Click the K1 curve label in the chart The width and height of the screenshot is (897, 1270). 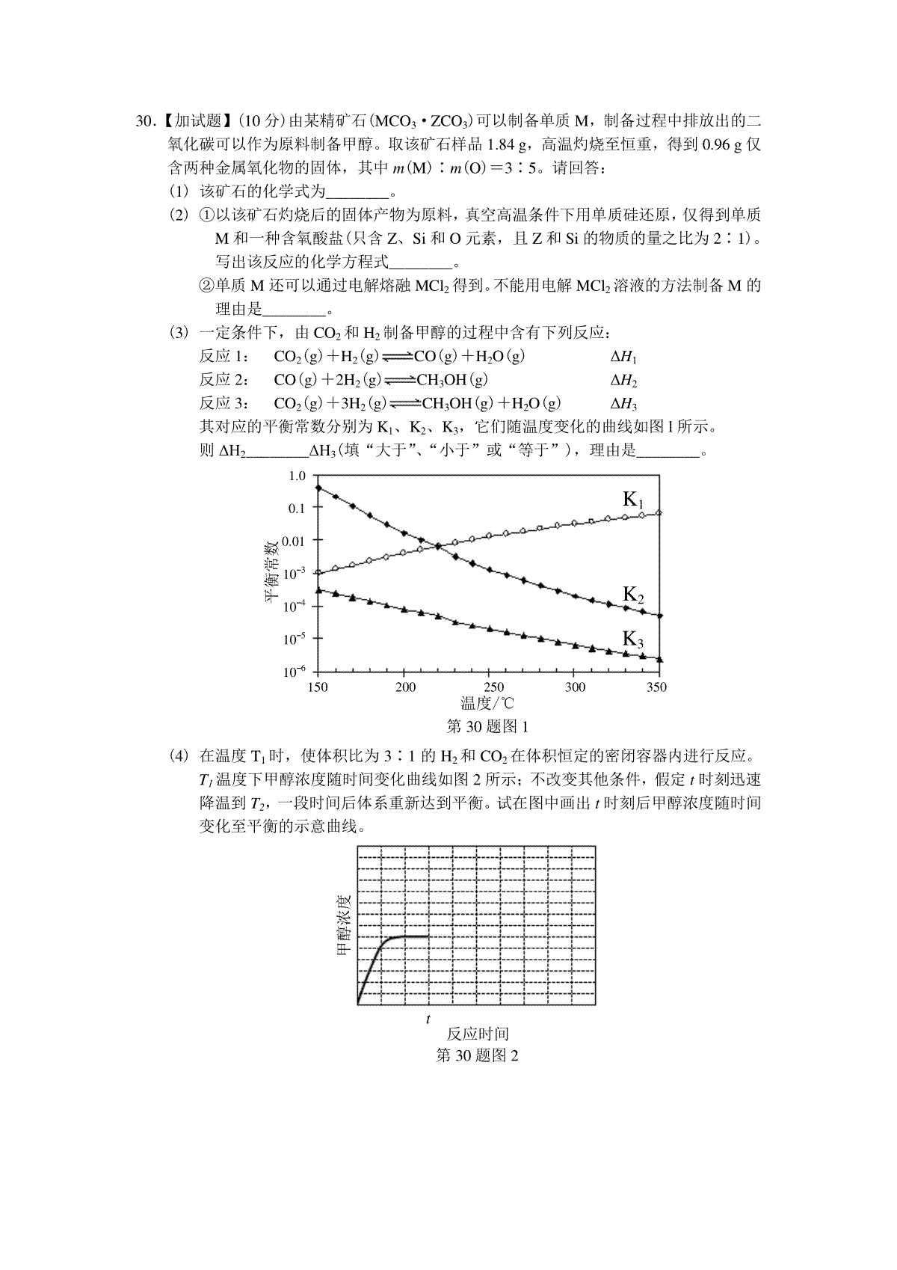[633, 500]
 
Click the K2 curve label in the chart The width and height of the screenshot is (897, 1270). [633, 595]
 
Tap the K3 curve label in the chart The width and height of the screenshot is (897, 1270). [633, 639]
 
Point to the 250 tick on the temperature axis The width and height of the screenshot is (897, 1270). [493, 687]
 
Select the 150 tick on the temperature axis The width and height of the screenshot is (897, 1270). [318, 687]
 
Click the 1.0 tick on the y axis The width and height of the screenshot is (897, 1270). [297, 476]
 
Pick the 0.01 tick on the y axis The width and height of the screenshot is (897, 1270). [294, 540]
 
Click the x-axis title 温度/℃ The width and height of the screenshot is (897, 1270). [487, 703]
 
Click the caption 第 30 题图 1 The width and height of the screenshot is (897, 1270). [487, 726]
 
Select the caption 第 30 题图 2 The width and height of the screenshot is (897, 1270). [477, 1055]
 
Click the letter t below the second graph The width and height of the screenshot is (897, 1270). [428, 1019]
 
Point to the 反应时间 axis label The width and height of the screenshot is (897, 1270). [478, 1034]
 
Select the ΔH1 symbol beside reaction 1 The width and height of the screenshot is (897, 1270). [623, 358]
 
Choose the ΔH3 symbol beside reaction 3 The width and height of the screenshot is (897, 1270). [623, 405]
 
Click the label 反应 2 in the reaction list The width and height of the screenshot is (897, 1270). [219, 381]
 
